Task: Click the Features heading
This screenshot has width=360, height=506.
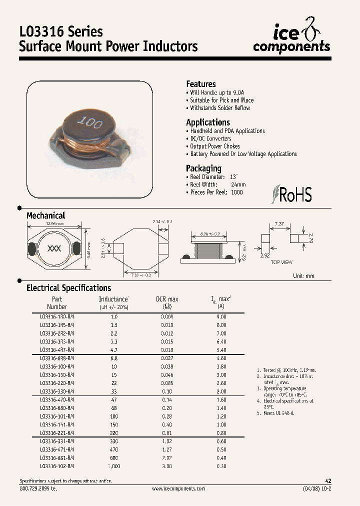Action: [201, 84]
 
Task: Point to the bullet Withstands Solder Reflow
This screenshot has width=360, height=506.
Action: [220, 108]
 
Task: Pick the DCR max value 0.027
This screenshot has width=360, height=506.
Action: [167, 358]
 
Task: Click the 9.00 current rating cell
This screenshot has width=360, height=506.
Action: [221, 316]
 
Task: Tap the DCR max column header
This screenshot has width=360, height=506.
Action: [167, 302]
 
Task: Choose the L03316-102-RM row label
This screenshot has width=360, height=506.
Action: [56, 466]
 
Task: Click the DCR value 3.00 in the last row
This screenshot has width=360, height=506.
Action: [167, 466]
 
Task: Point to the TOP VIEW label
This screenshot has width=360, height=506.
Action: [282, 262]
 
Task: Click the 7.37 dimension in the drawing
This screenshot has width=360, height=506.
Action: [280, 223]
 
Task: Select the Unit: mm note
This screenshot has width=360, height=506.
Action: [303, 275]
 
